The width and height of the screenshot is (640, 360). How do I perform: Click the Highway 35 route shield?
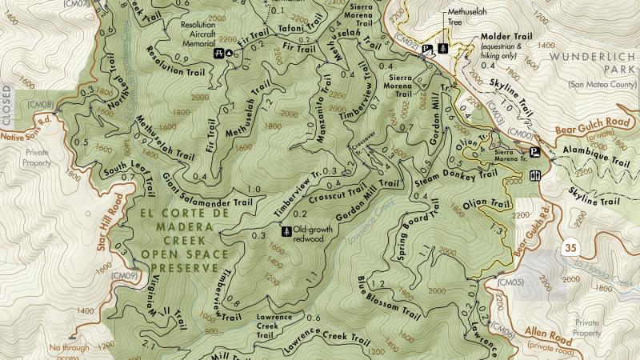point(569,246)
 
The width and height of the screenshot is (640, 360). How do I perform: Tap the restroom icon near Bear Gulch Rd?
point(534,175)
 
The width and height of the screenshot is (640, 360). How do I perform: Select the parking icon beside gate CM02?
point(426,49)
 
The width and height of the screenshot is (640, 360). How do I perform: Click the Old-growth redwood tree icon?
point(286,230)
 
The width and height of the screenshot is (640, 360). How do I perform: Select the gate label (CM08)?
point(40,105)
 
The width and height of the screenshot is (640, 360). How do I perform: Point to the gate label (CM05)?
point(510,282)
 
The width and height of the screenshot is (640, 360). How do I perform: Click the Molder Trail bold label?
point(506,37)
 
